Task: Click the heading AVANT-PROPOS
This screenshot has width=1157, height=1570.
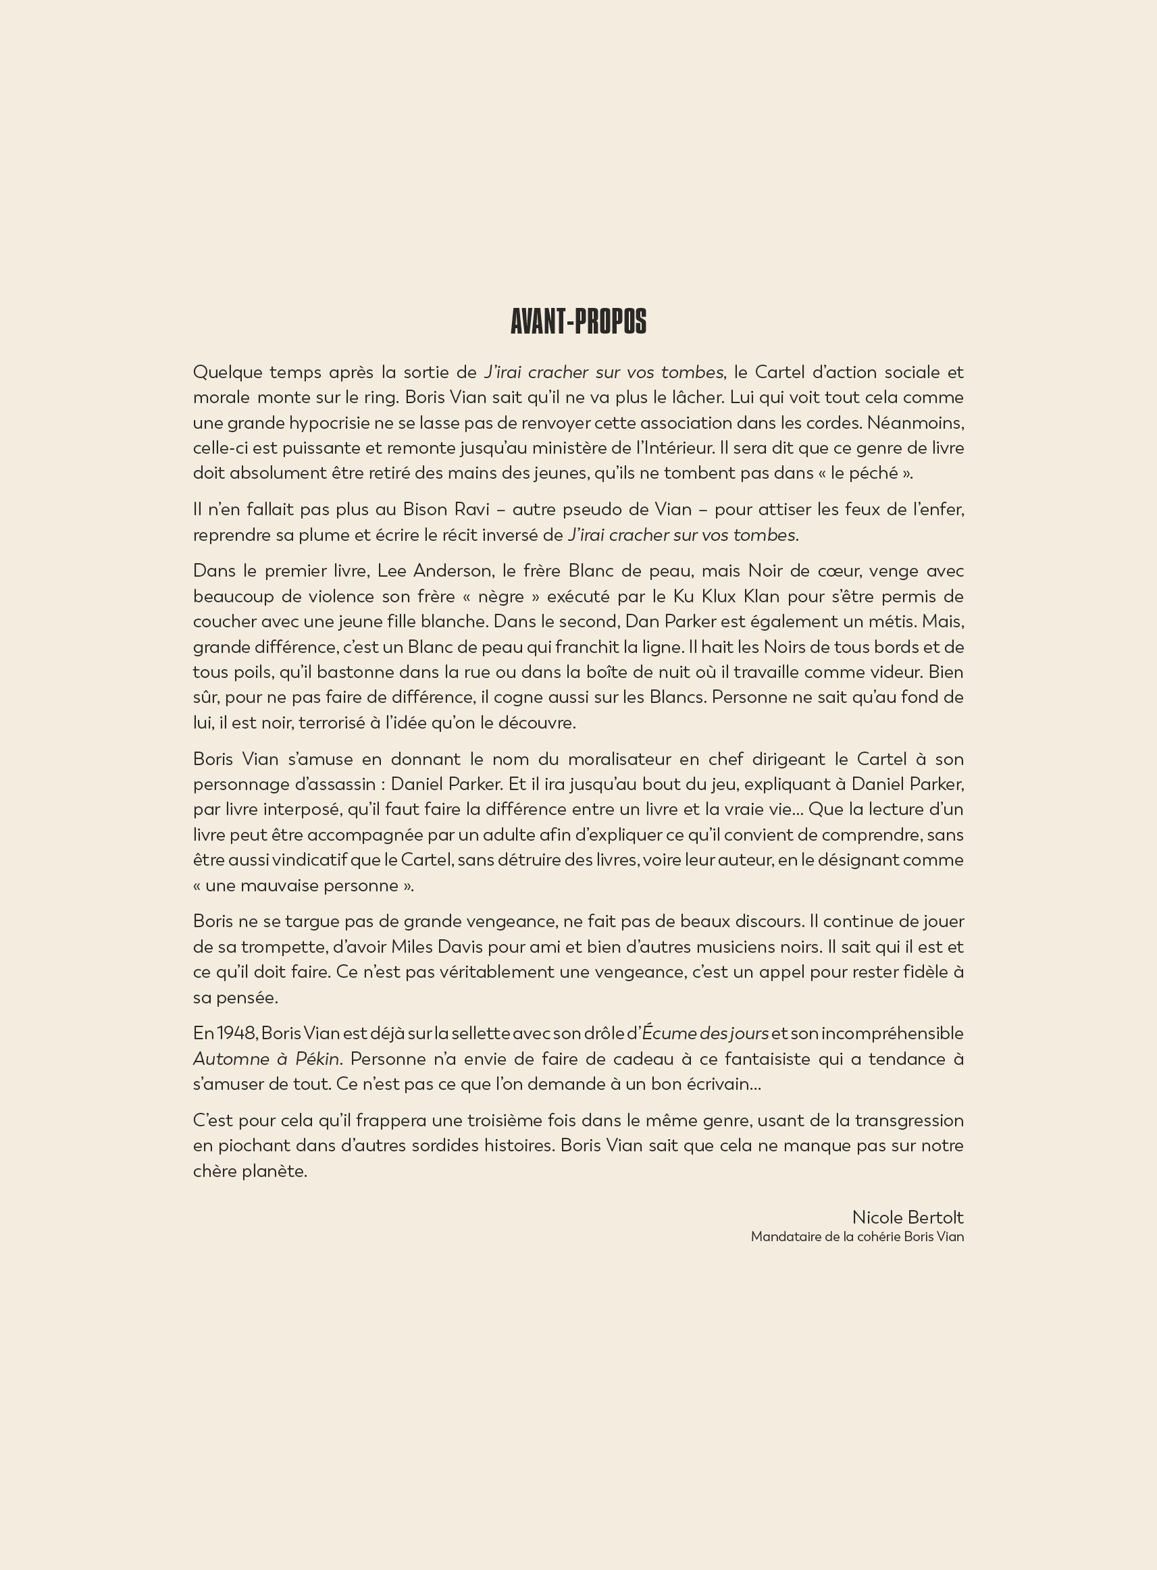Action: [577, 321]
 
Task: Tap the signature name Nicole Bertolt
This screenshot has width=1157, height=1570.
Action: [907, 1217]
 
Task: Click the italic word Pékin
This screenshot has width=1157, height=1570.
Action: [317, 1059]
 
